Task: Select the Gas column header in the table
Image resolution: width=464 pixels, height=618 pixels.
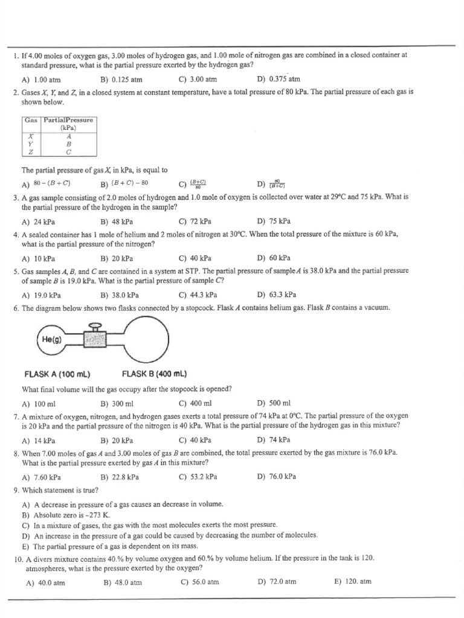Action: pyautogui.click(x=31, y=120)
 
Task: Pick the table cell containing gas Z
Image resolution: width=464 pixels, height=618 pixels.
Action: pyautogui.click(x=31, y=152)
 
